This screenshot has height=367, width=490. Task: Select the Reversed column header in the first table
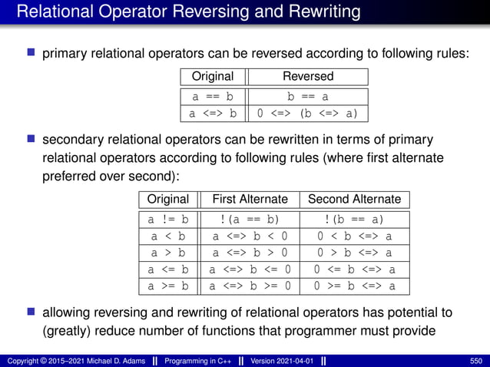click(308, 76)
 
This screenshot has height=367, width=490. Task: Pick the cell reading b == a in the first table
click(308, 97)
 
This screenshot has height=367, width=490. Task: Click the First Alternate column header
click(250, 199)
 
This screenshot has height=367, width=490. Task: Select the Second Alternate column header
click(354, 199)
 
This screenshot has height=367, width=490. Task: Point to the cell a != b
click(168, 220)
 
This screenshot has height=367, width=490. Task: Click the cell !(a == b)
click(250, 220)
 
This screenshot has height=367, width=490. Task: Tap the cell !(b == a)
click(354, 220)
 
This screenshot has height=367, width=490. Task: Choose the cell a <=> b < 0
click(250, 236)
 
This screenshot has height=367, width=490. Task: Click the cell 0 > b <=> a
click(354, 253)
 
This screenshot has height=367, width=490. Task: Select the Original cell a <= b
click(168, 269)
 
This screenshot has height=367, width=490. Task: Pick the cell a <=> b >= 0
click(250, 286)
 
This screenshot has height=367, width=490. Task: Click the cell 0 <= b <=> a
click(354, 269)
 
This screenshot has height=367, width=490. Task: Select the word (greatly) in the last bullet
click(65, 331)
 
